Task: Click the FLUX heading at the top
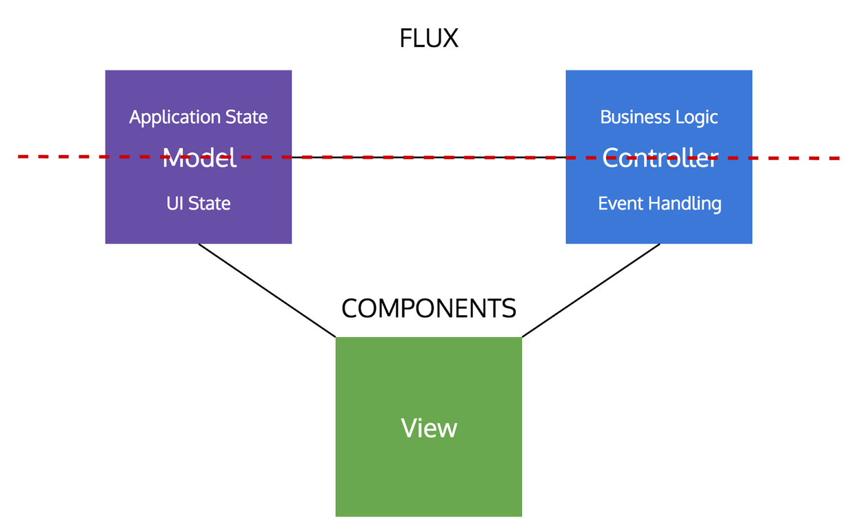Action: pos(428,39)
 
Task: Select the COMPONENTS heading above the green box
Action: pos(428,308)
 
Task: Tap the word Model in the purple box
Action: pos(199,159)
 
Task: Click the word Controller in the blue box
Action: pos(660,159)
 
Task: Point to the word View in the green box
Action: pos(429,428)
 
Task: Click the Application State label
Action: pos(199,117)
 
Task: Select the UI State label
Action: pos(199,203)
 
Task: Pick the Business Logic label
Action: pos(659,117)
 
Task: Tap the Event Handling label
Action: pos(660,203)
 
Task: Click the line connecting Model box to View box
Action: pos(267,290)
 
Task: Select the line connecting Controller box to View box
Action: pos(591,290)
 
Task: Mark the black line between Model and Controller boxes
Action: pos(428,157)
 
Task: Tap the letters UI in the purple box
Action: pos(174,203)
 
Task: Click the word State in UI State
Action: pos(210,203)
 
